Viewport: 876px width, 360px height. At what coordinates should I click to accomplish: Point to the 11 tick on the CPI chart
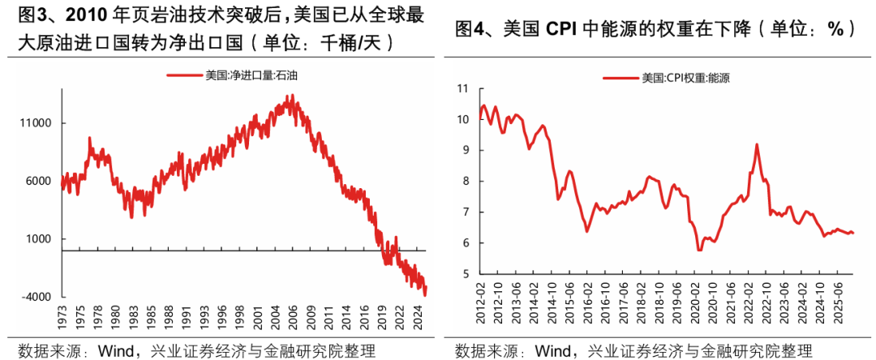[x=464, y=88]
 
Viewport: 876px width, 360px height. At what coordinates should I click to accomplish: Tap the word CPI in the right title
[x=557, y=29]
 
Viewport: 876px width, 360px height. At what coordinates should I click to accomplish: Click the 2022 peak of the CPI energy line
[x=756, y=144]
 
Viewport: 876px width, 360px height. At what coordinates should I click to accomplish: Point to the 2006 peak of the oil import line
[x=290, y=96]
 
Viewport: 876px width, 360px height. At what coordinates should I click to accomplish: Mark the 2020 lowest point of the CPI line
[x=699, y=251]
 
